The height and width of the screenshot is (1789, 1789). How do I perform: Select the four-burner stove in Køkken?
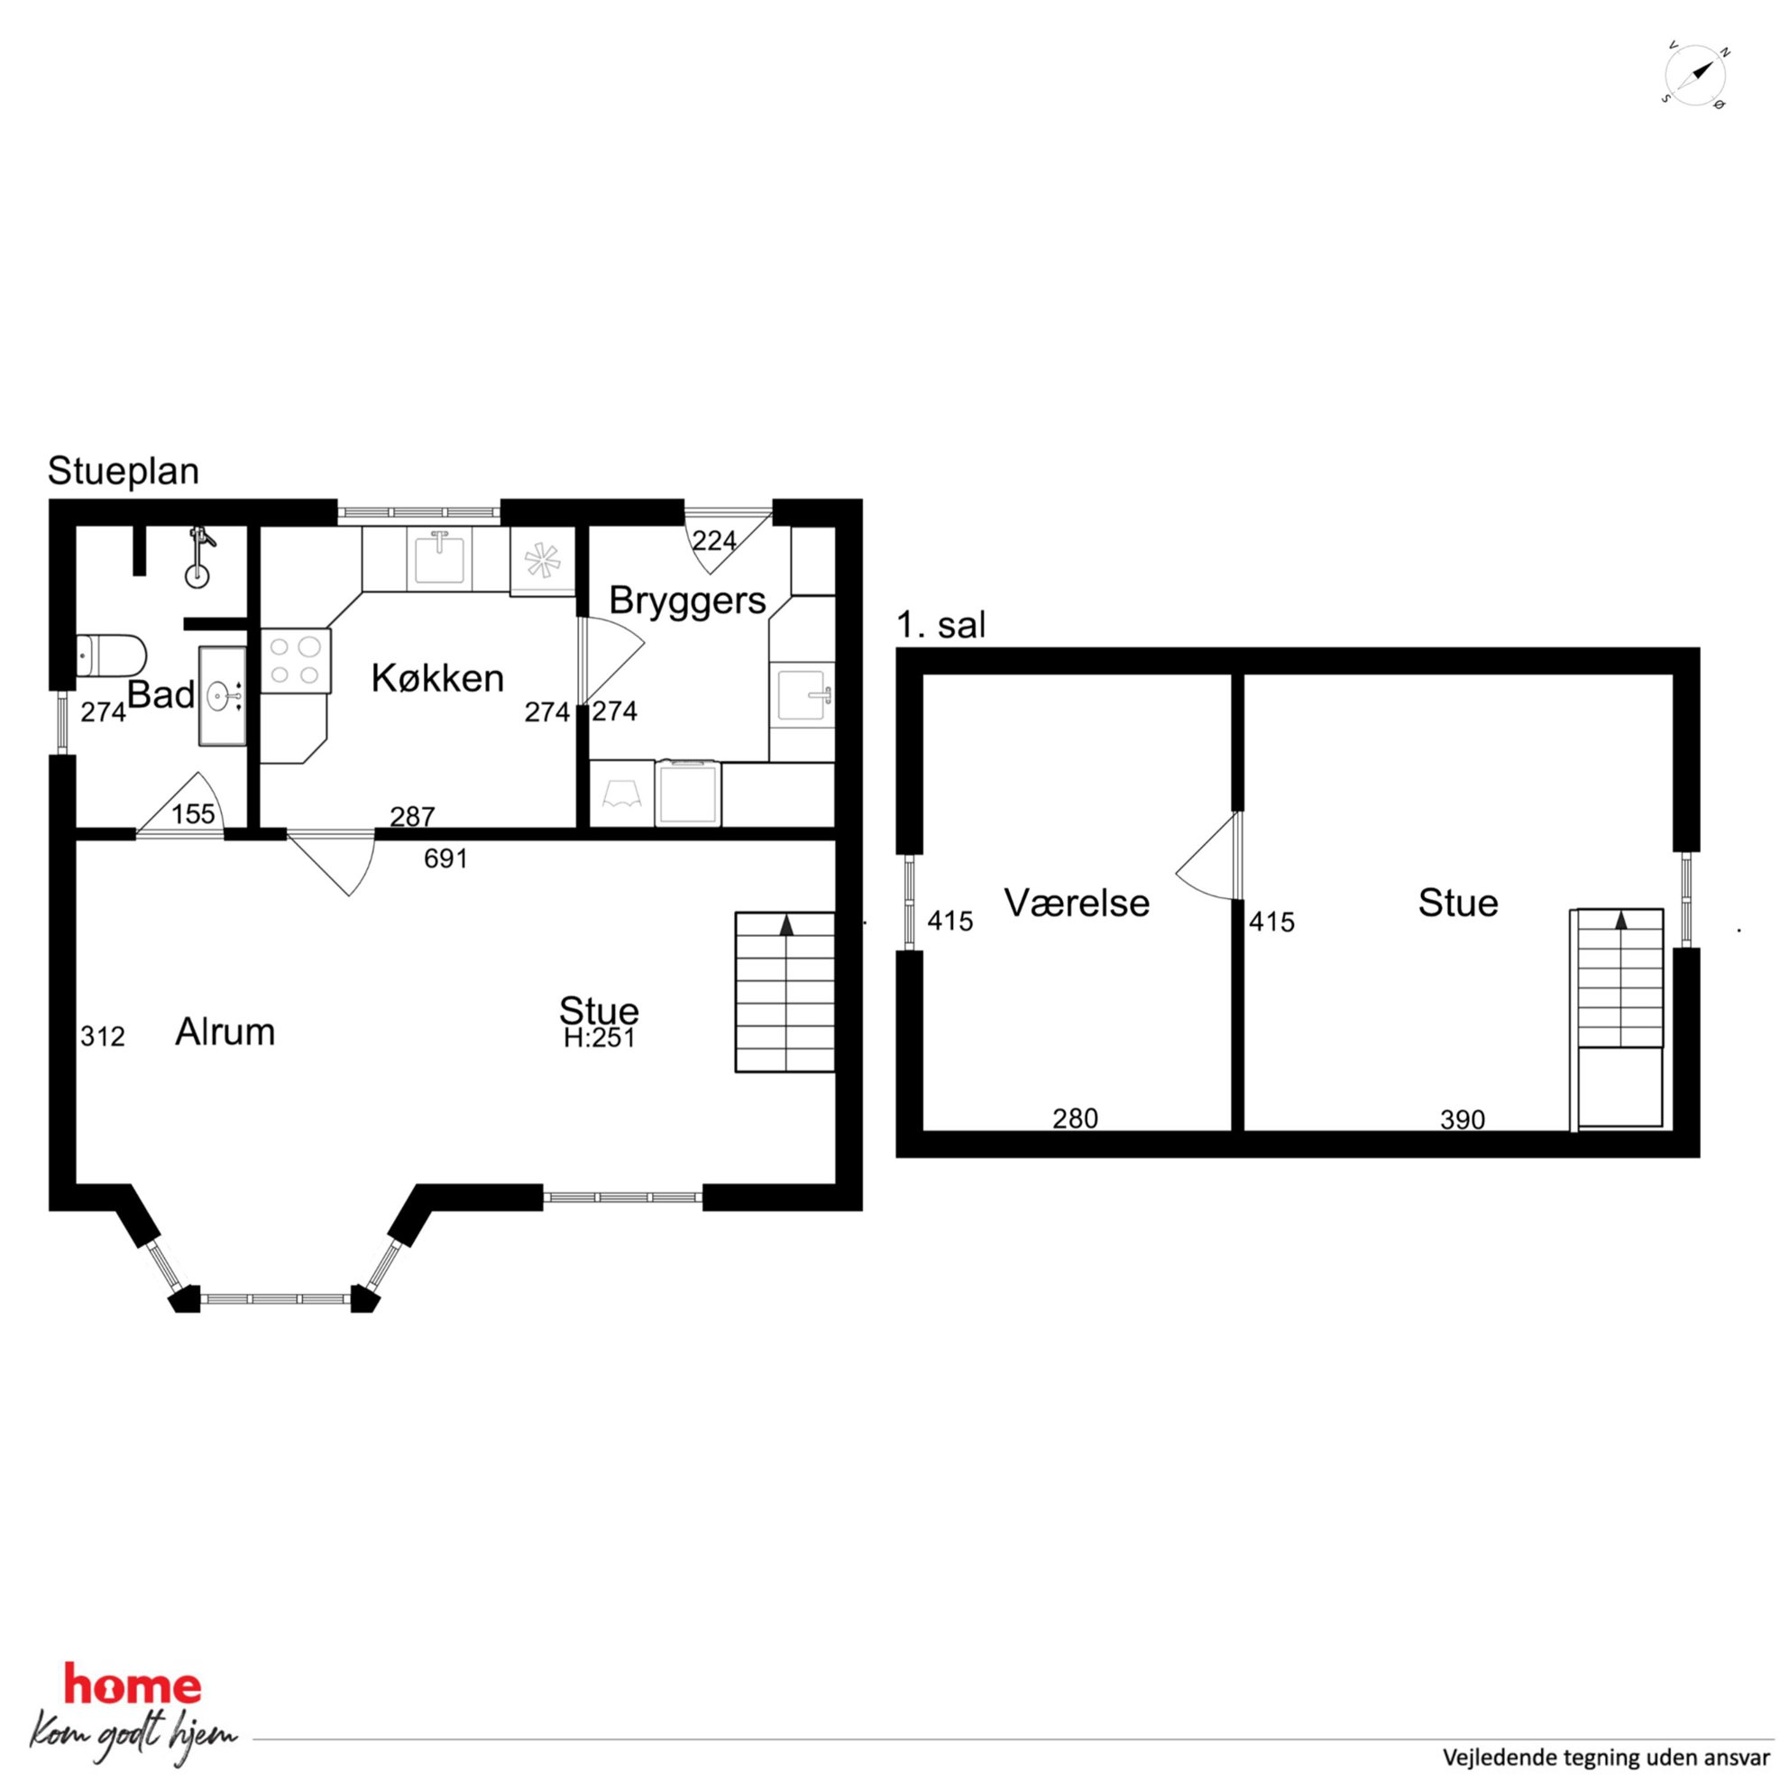pos(296,661)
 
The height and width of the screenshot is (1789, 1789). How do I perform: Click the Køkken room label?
pos(437,679)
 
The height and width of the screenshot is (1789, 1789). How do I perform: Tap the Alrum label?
pos(225,1032)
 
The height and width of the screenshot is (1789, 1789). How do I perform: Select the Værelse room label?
pos(1077,903)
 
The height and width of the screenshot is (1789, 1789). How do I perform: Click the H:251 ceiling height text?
pos(599,1039)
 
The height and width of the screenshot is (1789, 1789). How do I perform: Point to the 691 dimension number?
pos(445,859)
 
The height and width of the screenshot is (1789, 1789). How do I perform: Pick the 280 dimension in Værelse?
pos(1075,1120)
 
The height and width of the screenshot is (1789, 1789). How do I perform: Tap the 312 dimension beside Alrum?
pos(102,1037)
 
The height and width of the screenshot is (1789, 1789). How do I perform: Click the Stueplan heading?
pos(124,472)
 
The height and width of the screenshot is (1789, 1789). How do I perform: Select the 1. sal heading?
pos(940,625)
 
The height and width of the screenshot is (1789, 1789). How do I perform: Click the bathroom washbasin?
pos(222,695)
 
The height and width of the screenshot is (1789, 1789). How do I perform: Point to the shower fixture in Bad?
pos(198,557)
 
